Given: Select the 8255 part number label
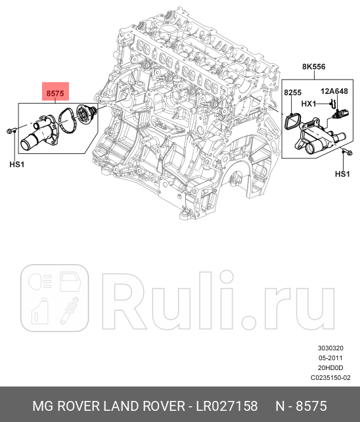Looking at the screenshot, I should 292,94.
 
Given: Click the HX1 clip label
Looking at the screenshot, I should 309,105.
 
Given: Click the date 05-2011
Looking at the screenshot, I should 330,358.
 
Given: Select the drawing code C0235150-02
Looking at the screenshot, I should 330,378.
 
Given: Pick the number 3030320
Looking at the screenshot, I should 330,348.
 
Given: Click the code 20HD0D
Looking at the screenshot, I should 330,368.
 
